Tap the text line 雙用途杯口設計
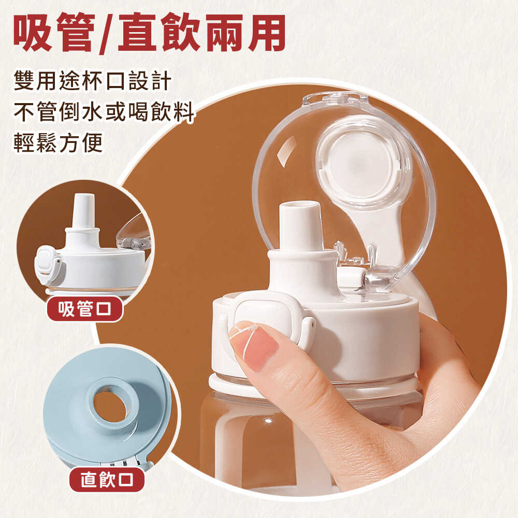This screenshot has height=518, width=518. pos(93,81)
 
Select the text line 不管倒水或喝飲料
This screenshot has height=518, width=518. pos(104,112)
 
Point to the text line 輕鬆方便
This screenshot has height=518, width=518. pos(58,143)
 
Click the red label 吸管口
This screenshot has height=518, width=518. pos(85,309)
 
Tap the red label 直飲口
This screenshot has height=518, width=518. pos(107,479)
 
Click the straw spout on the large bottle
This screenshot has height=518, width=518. pos(300,226)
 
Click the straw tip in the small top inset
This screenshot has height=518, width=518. pos(83,210)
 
